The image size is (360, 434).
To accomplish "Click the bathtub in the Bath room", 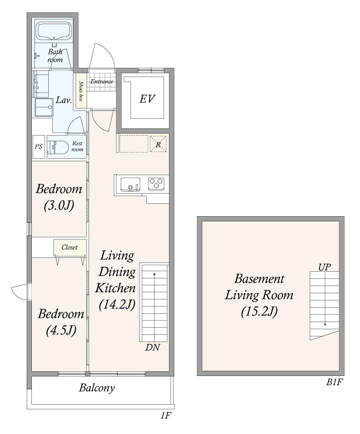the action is (54, 31).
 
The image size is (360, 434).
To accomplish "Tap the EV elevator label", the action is (147, 99).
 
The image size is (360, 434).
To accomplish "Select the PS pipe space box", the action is (39, 147).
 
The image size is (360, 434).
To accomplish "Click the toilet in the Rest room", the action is (58, 147).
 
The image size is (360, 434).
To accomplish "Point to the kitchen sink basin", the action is (130, 184).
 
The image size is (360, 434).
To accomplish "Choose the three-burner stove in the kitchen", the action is (156, 183).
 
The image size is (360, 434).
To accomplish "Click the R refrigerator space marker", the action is (158, 144).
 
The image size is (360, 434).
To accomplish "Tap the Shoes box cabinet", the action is (81, 91).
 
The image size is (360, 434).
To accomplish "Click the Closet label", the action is (69, 247).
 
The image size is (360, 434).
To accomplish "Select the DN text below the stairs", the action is (153, 347).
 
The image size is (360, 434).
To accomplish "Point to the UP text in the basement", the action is (324, 267).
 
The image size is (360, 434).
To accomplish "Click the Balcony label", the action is (97, 388).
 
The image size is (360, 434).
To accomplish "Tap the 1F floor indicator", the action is (165, 416).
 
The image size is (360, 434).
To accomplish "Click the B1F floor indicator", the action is (334, 382).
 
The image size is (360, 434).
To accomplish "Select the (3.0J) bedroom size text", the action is (59, 206).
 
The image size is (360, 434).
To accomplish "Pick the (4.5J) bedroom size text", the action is (61, 330).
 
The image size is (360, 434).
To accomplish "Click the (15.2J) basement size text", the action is (259, 312).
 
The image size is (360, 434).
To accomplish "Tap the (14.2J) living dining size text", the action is (117, 304).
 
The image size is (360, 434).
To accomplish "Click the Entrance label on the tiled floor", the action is (102, 81).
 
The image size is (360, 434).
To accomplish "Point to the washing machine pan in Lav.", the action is (44, 107).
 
